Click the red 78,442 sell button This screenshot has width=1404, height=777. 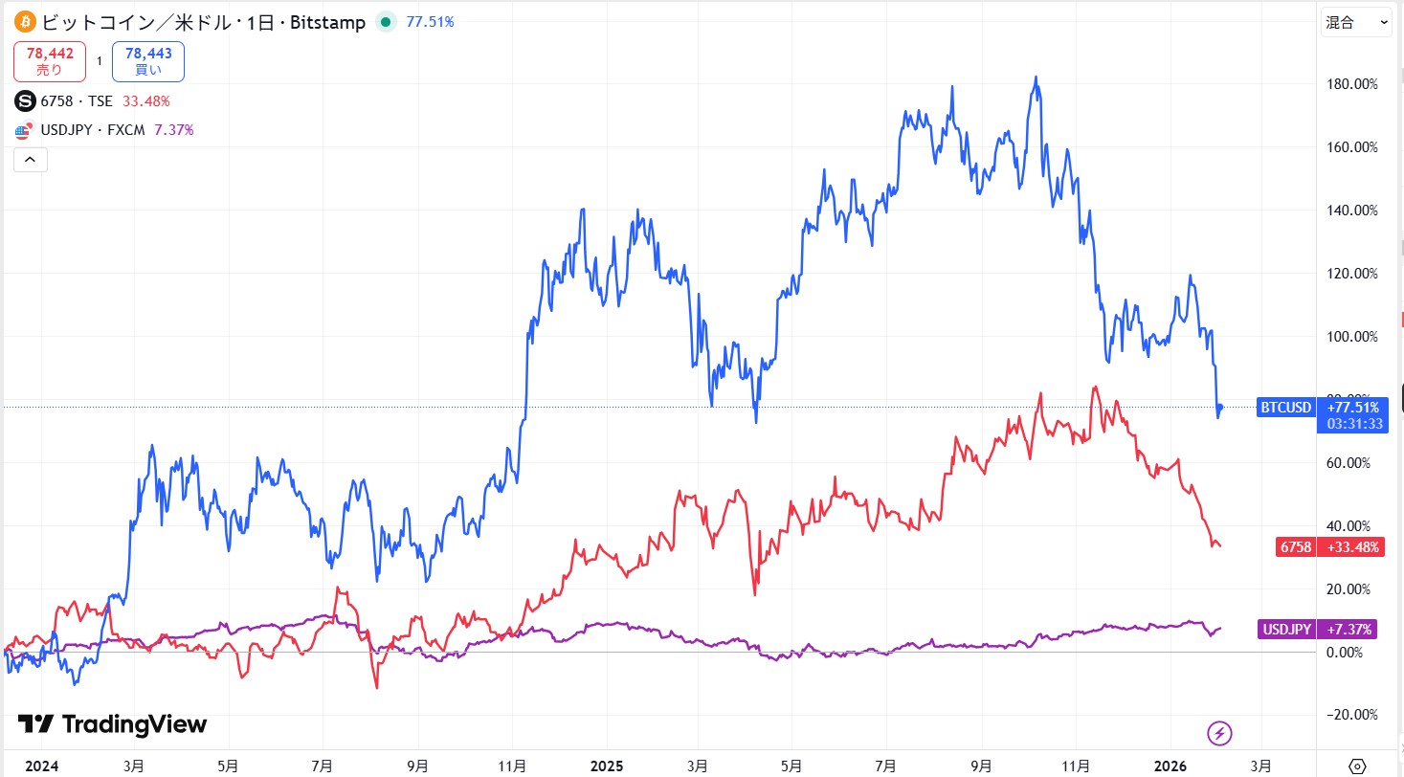click(50, 61)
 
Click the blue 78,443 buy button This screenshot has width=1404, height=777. click(147, 61)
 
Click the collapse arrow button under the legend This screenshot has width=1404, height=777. click(29, 160)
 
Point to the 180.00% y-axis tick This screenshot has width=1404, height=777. click(1352, 84)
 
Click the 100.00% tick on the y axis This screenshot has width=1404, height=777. click(1352, 337)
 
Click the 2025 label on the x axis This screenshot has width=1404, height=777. click(607, 766)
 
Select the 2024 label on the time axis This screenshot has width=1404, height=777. click(40, 766)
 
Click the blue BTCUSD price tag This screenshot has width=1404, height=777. click(1285, 408)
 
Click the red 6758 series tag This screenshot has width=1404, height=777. click(1295, 547)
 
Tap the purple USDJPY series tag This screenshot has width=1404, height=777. click(1286, 629)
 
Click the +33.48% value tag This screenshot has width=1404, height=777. click(1350, 547)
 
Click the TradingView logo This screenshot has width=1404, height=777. click(112, 724)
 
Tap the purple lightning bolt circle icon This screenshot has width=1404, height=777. click(1219, 734)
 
